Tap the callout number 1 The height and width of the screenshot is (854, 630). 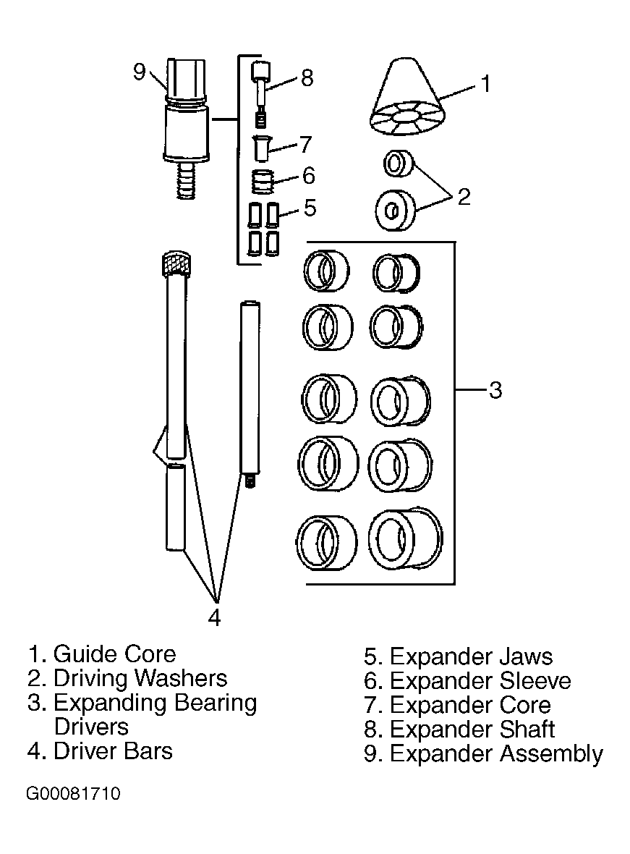pyautogui.click(x=486, y=84)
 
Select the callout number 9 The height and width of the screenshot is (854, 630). pyautogui.click(x=140, y=72)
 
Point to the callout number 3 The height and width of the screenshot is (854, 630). pyautogui.click(x=495, y=390)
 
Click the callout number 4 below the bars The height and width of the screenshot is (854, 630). pyautogui.click(x=215, y=617)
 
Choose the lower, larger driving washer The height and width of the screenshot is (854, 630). pyautogui.click(x=396, y=210)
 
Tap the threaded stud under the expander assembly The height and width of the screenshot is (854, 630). pyautogui.click(x=186, y=180)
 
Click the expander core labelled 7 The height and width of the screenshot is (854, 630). pyautogui.click(x=262, y=148)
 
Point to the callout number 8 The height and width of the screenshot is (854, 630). pyautogui.click(x=307, y=78)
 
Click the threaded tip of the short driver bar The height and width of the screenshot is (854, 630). pyautogui.click(x=250, y=481)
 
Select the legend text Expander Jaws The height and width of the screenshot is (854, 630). pyautogui.click(x=471, y=657)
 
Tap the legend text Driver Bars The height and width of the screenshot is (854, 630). pyautogui.click(x=113, y=751)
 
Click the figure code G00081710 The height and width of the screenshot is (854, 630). pyautogui.click(x=73, y=793)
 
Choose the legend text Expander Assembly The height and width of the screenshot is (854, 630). pyautogui.click(x=496, y=754)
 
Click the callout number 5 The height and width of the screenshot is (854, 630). pyautogui.click(x=310, y=208)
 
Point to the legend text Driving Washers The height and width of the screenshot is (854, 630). pyautogui.click(x=140, y=678)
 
